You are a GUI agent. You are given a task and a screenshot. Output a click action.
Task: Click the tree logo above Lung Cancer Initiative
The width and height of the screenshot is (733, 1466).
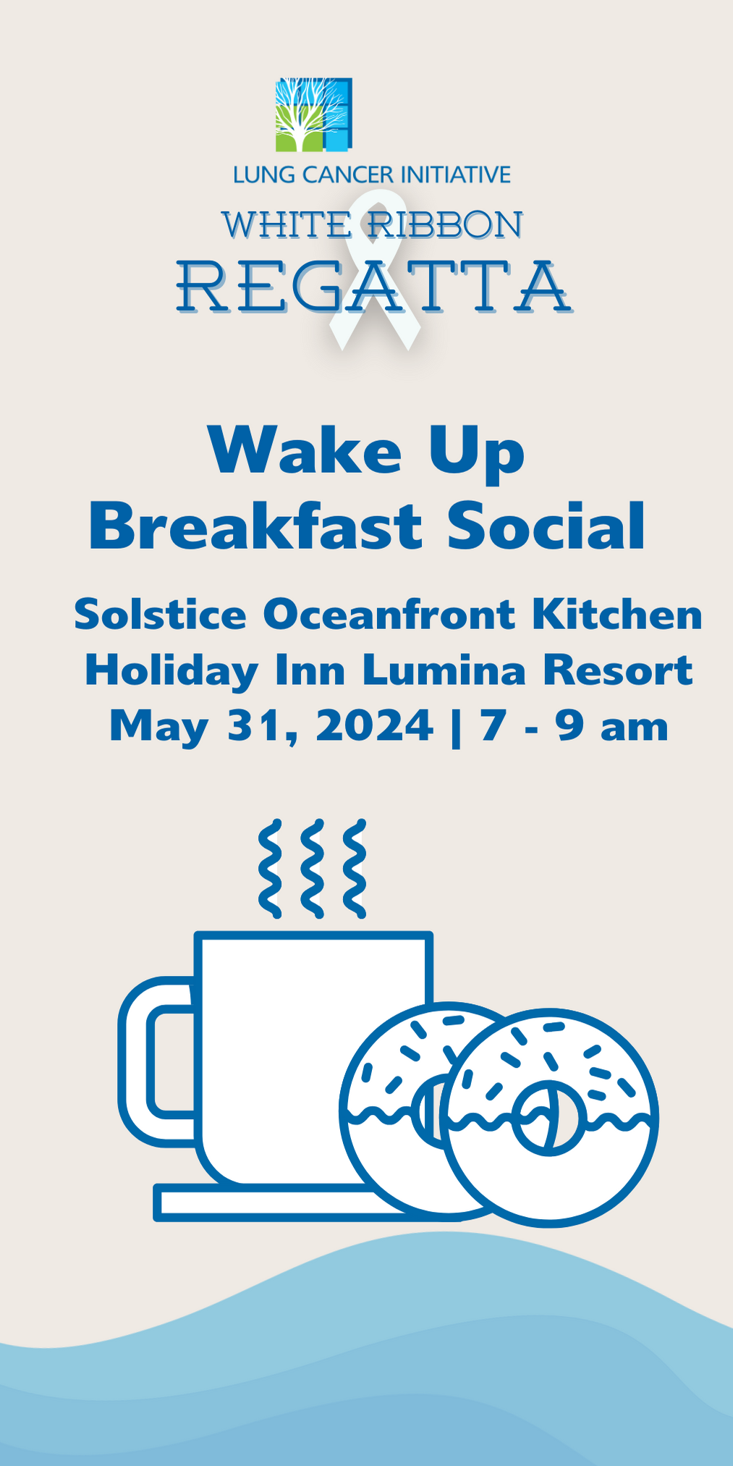313,114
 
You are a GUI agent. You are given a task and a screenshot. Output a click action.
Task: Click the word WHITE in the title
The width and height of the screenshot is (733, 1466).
285,225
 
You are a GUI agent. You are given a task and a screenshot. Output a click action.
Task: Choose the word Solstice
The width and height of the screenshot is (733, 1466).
160,615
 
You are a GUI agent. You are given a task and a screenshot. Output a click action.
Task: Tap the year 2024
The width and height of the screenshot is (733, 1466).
374,725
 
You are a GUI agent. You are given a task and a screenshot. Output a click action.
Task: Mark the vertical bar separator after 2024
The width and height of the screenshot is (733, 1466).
455,727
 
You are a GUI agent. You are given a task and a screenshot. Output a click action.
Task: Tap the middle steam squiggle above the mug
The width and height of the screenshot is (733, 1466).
312,869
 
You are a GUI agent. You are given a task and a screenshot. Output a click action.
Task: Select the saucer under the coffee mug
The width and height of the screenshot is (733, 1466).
275,1203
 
